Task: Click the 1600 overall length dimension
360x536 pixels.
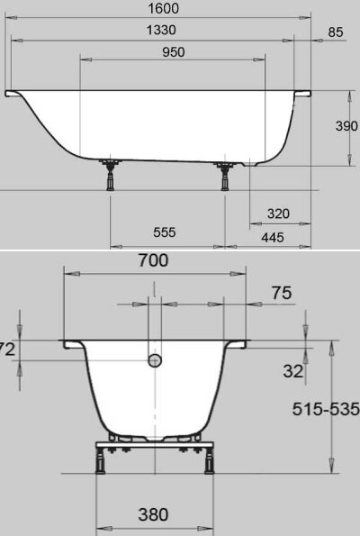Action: pos(163,8)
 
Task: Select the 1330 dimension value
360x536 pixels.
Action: pos(161,30)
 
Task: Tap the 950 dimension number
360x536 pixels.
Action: pos(174,52)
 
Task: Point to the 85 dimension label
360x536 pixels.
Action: pos(336,32)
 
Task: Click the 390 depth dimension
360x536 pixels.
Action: pos(346,126)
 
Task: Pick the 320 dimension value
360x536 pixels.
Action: pos(278,213)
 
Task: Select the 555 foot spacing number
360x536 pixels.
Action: pos(165,232)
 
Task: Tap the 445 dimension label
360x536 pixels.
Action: pos(273,237)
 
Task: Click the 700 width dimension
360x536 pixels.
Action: pos(153,260)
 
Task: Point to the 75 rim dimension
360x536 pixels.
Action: pos(282,293)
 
